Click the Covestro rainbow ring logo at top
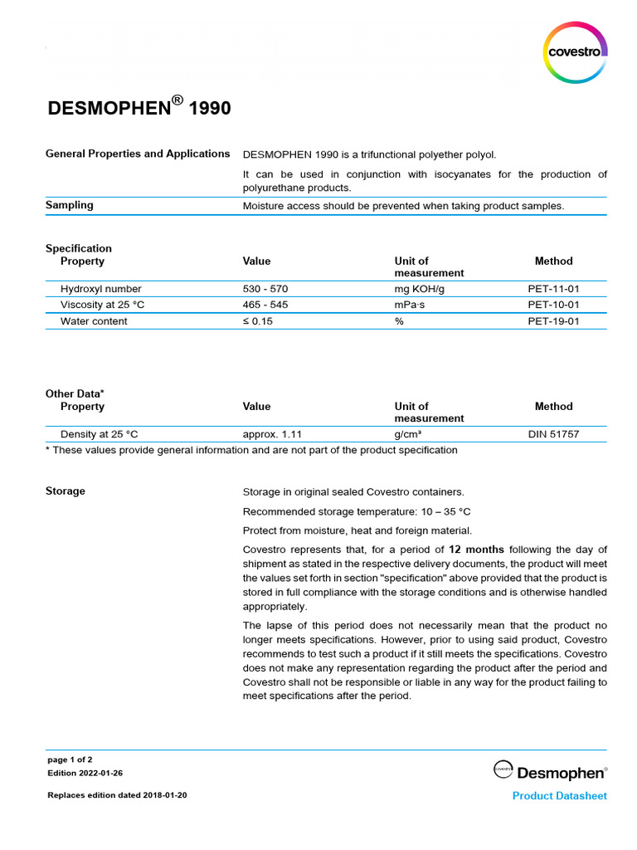(x=575, y=52)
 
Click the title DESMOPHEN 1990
(x=139, y=108)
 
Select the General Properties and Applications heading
(x=138, y=154)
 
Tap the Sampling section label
(x=70, y=205)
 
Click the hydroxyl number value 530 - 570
(x=265, y=289)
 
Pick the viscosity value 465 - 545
(x=265, y=305)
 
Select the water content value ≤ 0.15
(x=258, y=321)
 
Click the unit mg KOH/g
(x=420, y=289)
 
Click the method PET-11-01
(x=553, y=289)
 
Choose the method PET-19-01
(x=553, y=321)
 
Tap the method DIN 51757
(x=553, y=434)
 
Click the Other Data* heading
(x=75, y=393)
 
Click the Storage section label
(x=66, y=491)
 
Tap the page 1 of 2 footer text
(x=71, y=760)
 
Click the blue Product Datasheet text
(x=559, y=796)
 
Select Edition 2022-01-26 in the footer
(x=85, y=773)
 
